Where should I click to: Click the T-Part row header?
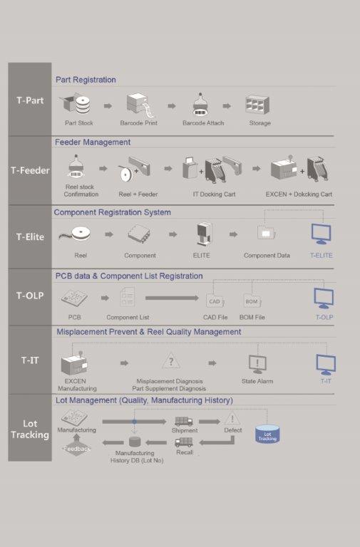30,100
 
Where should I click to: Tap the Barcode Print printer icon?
140,105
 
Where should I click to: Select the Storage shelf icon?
257,105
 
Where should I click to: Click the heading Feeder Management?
93,142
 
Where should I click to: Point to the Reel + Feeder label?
138,194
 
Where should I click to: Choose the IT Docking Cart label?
215,194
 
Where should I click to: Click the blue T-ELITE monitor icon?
322,234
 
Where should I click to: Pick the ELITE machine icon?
203,234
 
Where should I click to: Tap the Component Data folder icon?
267,232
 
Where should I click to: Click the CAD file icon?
215,301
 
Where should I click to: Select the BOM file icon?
252,301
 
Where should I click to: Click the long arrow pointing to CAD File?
172,298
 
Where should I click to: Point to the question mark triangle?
171,360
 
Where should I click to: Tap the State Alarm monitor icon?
257,364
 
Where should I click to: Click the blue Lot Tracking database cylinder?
267,434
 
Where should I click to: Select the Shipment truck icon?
184,422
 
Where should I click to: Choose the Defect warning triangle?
232,418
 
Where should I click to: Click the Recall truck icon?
184,443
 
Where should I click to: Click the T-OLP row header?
30,296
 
